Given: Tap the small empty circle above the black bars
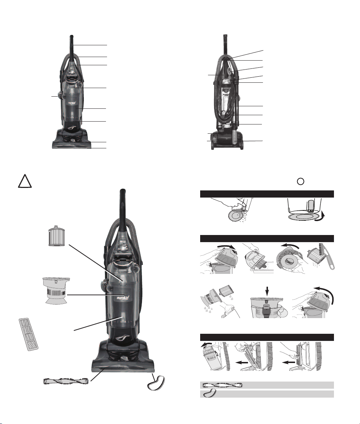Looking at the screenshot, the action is coord(300,182).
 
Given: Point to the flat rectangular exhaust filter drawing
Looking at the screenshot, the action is coord(29,334).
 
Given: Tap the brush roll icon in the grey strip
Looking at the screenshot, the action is coord(222,385).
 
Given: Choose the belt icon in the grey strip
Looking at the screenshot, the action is coord(210,393).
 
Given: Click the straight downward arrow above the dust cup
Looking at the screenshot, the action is coord(267,291).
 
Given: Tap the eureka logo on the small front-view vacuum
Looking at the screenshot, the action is coord(71,103).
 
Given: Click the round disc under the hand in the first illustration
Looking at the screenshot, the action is coord(234,215).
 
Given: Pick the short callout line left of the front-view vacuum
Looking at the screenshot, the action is coord(55,96).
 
